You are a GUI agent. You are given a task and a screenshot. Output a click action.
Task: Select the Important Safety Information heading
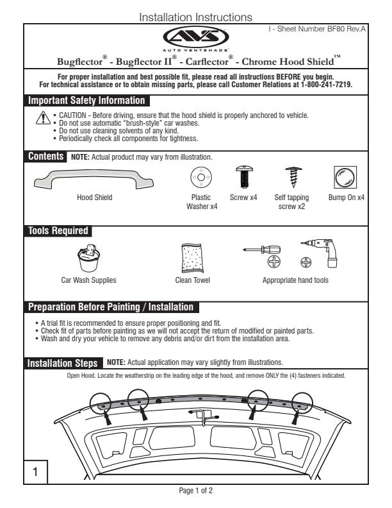pos(86,101)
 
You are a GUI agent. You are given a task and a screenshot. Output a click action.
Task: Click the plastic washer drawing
pos(200,176)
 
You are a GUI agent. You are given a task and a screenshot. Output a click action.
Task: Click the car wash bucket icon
pos(88,258)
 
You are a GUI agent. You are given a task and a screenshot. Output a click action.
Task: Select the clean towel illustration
pos(192,258)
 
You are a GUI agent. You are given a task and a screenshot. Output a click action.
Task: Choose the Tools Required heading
pos(58,231)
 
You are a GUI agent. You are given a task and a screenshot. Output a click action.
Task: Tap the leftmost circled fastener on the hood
pos(101,402)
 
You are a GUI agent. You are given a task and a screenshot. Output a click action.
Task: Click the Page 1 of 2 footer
pos(195,491)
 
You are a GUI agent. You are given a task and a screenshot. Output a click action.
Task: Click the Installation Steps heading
pos(63,363)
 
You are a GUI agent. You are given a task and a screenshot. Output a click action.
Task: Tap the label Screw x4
pos(243,198)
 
